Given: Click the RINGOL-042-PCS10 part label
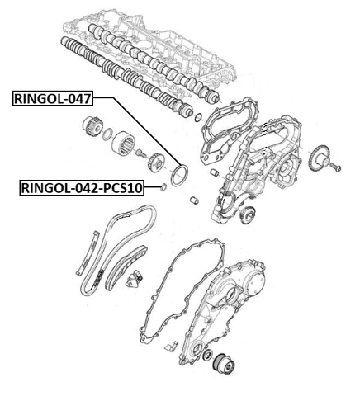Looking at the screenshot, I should coord(81,188).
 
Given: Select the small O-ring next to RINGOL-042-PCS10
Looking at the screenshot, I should coord(164,188).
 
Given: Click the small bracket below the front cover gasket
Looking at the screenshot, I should coord(170,343).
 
